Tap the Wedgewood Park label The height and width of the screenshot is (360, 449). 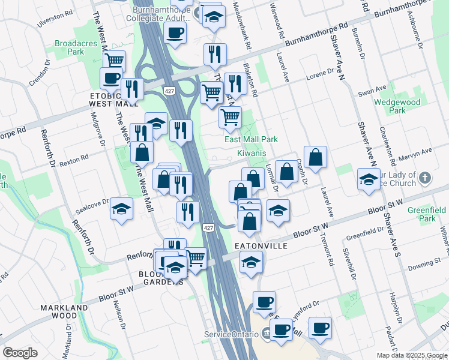pyautogui.click(x=397, y=106)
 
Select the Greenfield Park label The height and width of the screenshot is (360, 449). pyautogui.click(x=427, y=214)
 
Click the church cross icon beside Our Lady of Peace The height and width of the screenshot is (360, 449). pyautogui.click(x=424, y=178)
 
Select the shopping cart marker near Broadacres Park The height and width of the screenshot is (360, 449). pyautogui.click(x=114, y=61)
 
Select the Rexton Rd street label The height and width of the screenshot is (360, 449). pyautogui.click(x=74, y=159)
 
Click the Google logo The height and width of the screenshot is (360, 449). pyautogui.click(x=20, y=353)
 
